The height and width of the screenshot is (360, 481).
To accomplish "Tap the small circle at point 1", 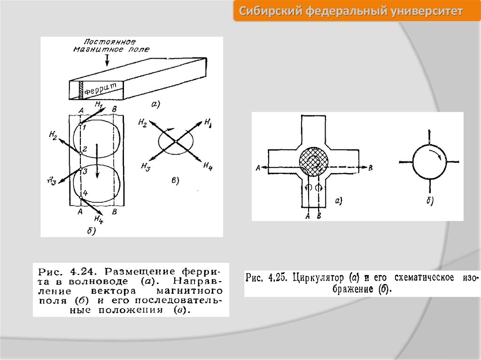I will coord(81,123).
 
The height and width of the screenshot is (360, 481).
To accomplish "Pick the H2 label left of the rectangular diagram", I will coord(53,136).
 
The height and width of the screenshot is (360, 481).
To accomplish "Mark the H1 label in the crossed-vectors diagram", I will coord(207,123).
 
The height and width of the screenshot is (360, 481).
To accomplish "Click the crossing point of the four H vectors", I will coord(175,141).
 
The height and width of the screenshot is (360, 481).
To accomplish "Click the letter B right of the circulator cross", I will coord(371,168).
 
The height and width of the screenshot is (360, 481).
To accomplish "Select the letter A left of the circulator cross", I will coord(257,168).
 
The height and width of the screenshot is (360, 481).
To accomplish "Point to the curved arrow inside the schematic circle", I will coord(437,156).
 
